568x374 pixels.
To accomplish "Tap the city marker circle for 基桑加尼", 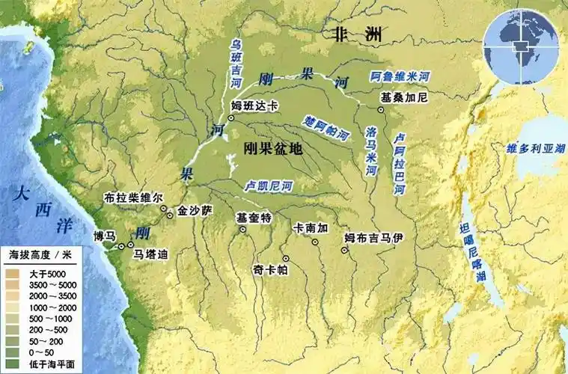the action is pos(380,109).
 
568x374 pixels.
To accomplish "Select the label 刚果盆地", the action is pos(273,148).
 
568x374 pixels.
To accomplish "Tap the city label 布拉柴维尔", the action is pos(134,199).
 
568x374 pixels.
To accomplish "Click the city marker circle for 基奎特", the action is pos(243,230).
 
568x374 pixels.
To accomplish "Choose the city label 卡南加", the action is pos(311,227).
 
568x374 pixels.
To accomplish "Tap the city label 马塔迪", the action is pos(150,254).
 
